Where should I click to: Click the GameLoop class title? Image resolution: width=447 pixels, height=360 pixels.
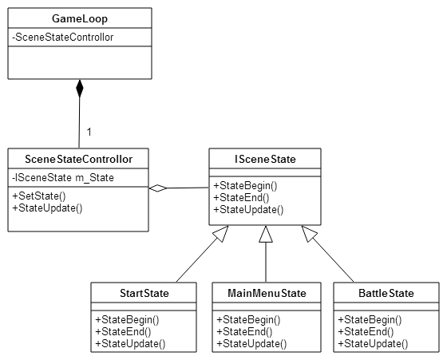point(80,19)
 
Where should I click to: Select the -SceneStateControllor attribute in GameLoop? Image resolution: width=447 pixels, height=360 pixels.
point(63,38)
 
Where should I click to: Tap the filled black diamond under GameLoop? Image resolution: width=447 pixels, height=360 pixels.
point(80,89)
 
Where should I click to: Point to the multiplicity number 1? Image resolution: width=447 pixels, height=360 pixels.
point(89,132)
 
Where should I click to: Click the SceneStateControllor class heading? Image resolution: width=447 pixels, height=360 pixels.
point(79,159)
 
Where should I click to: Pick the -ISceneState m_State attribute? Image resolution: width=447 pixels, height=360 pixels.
point(63,178)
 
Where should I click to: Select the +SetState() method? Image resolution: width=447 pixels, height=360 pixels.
point(39,196)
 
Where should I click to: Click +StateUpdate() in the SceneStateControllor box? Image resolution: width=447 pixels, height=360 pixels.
point(47,208)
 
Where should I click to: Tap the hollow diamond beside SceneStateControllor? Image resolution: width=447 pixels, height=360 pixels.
point(158,188)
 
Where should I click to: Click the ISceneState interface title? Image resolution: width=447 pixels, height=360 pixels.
point(265,159)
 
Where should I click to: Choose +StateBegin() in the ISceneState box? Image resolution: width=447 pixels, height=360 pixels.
point(245,185)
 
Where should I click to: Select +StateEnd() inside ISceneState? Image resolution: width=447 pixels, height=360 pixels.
point(241,197)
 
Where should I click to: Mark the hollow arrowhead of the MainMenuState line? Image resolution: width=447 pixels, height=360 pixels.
point(266,235)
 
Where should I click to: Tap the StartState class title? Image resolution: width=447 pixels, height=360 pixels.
point(144,293)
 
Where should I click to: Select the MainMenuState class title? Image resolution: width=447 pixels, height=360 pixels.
point(267,293)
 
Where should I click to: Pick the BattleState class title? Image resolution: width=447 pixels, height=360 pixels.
point(386,293)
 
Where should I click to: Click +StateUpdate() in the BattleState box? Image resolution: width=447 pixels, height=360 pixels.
point(373,344)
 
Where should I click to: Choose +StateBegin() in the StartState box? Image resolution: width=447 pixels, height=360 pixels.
point(127,320)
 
